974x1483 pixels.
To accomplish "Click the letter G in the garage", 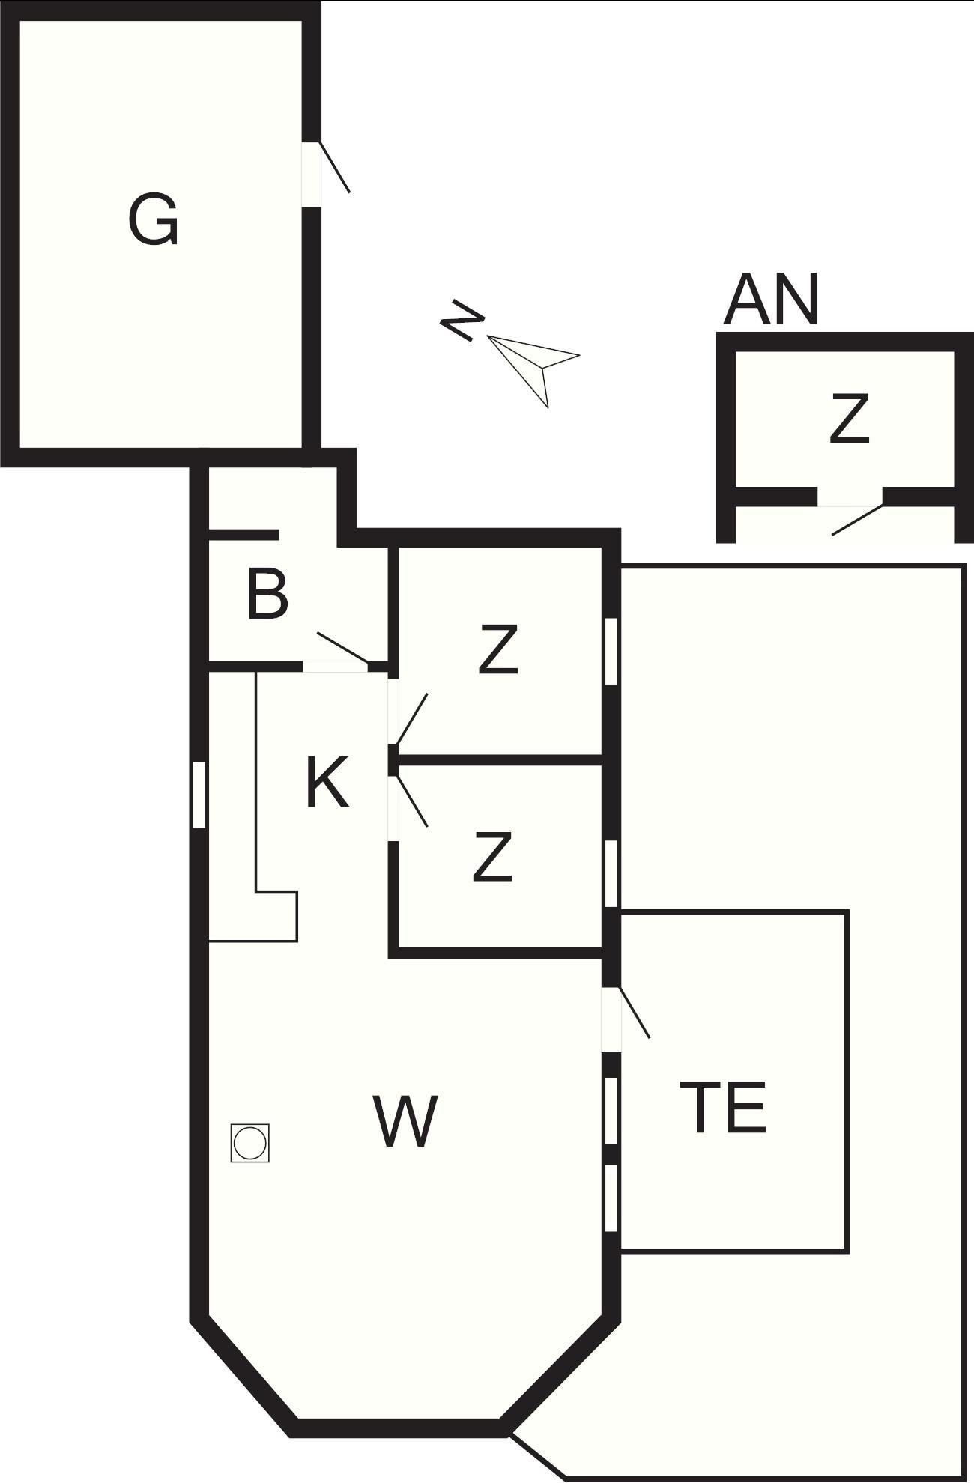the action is click(154, 220).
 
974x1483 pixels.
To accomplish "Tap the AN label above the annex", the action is click(771, 299).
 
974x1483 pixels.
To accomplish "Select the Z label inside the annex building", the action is click(849, 418).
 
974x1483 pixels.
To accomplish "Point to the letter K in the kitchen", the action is click(328, 782).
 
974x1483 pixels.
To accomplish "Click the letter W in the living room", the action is click(405, 1121).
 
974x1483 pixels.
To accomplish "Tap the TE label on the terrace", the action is click(723, 1107).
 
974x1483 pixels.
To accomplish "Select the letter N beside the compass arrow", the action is click(461, 321).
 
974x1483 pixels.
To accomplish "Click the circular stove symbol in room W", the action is click(249, 1143).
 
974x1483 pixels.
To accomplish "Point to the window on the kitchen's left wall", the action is click(199, 795).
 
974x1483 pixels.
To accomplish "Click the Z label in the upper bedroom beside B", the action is click(498, 650).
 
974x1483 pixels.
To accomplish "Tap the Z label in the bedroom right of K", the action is click(493, 856).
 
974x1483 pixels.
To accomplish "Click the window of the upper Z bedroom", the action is click(611, 651).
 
